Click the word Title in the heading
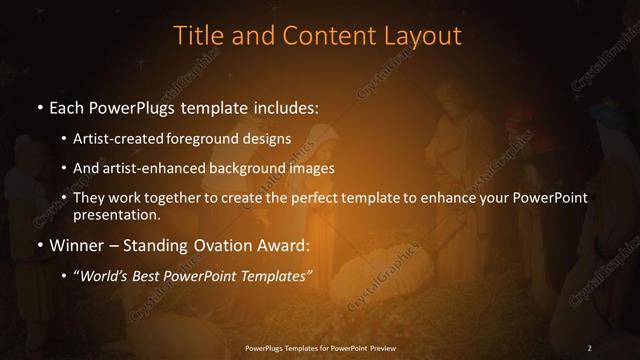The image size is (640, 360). (x=197, y=36)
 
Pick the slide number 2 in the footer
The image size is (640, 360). (x=589, y=347)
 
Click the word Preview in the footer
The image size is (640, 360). (x=394, y=347)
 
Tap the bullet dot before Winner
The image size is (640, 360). (x=38, y=245)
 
